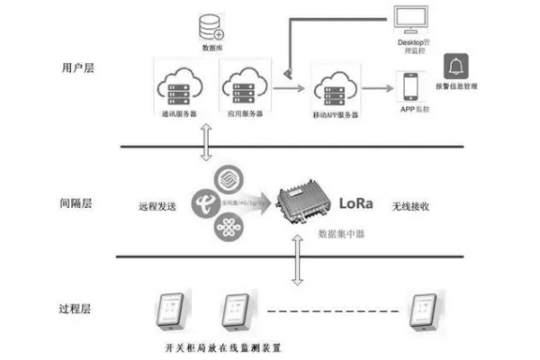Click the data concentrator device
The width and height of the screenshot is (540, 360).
tap(301, 204)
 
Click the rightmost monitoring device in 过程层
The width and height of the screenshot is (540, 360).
tap(422, 310)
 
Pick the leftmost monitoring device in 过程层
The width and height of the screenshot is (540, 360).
tap(170, 310)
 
